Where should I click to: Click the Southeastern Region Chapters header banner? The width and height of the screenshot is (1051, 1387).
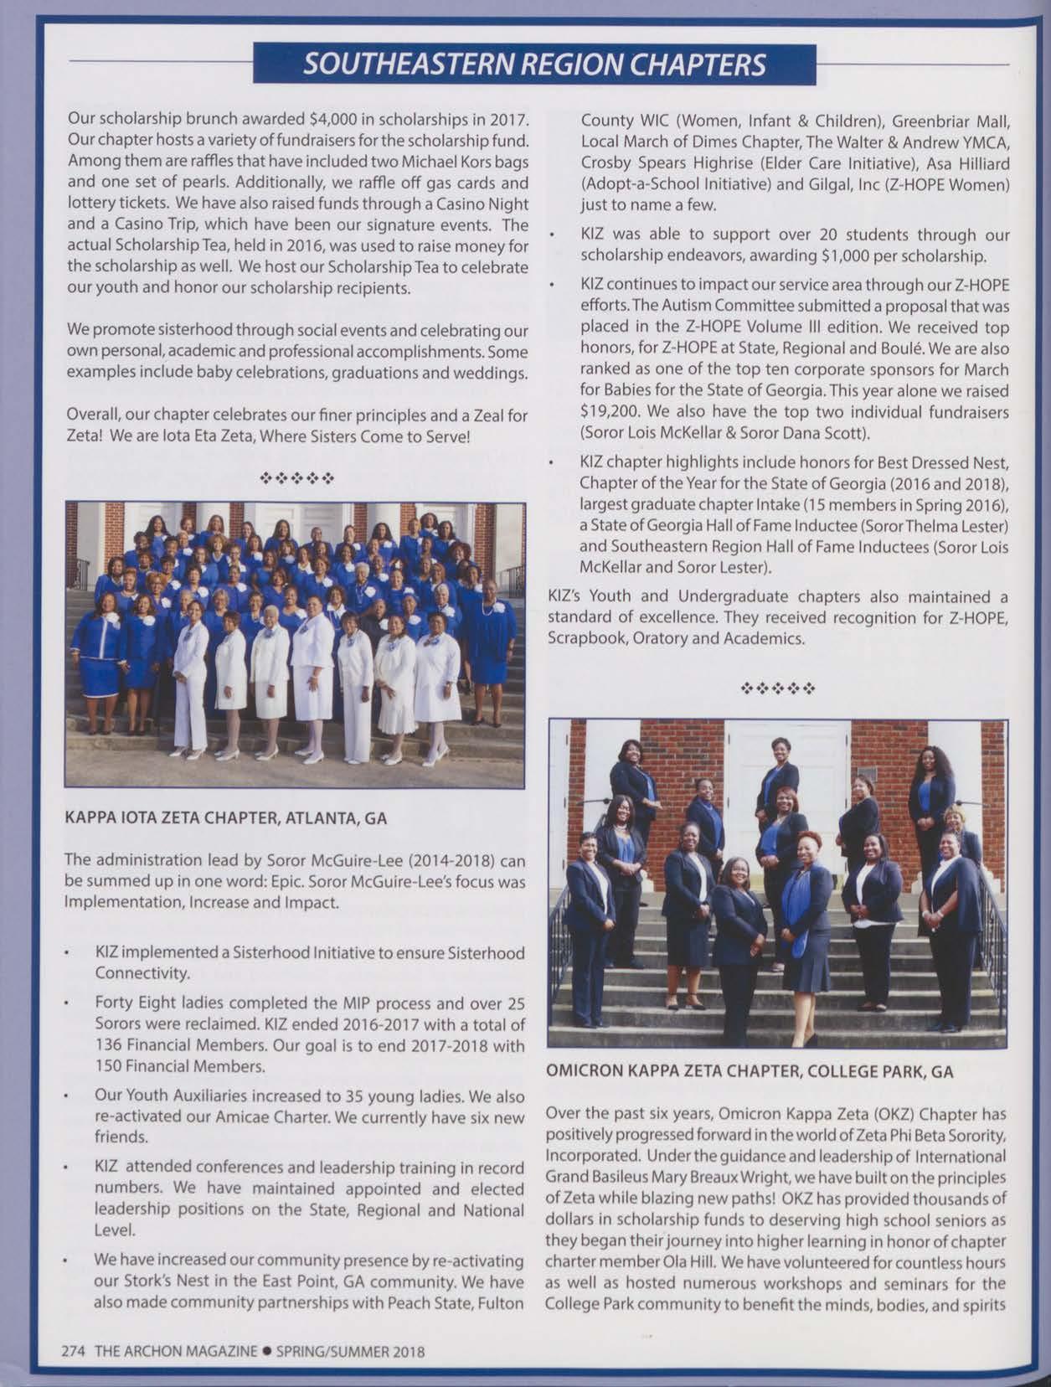534,64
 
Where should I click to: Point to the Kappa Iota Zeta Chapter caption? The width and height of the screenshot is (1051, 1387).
225,817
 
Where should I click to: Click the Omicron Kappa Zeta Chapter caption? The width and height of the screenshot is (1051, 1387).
750,1070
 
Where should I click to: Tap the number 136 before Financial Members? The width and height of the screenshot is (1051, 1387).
108,1045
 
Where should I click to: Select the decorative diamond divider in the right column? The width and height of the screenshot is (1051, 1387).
778,690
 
